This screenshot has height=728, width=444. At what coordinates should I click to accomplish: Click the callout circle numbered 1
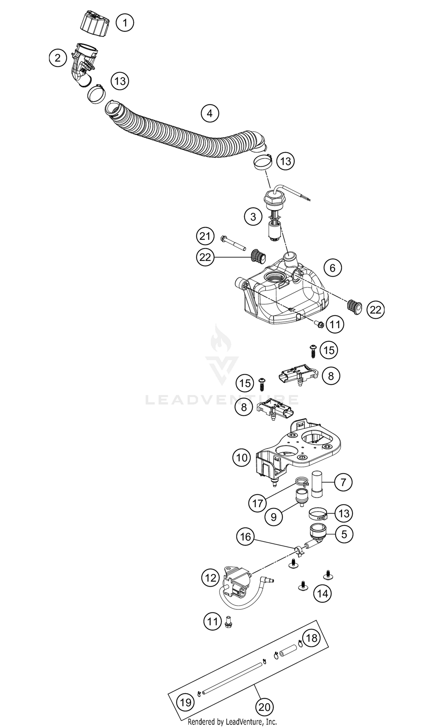125,22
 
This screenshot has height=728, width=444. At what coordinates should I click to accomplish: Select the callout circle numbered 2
57,58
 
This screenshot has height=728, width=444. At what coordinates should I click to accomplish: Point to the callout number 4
210,113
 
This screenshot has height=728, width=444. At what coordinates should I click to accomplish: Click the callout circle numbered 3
253,217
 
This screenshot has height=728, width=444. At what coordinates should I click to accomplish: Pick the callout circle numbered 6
332,268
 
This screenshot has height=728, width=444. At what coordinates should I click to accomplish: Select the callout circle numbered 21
205,236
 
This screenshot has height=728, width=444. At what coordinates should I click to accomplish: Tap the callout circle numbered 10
242,458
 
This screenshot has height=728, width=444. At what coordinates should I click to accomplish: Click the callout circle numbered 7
343,482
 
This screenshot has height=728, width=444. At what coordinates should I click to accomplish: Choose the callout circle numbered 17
258,503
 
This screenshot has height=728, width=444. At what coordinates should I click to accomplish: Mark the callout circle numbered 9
274,517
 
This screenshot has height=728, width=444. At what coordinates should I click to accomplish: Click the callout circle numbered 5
344,534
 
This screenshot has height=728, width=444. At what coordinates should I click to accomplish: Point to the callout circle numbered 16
245,537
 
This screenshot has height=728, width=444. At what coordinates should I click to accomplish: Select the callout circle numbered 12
210,578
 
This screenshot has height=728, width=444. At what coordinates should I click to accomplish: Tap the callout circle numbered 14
323,593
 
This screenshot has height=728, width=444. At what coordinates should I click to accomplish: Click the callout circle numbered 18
311,638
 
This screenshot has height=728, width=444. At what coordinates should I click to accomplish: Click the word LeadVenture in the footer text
244,722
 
